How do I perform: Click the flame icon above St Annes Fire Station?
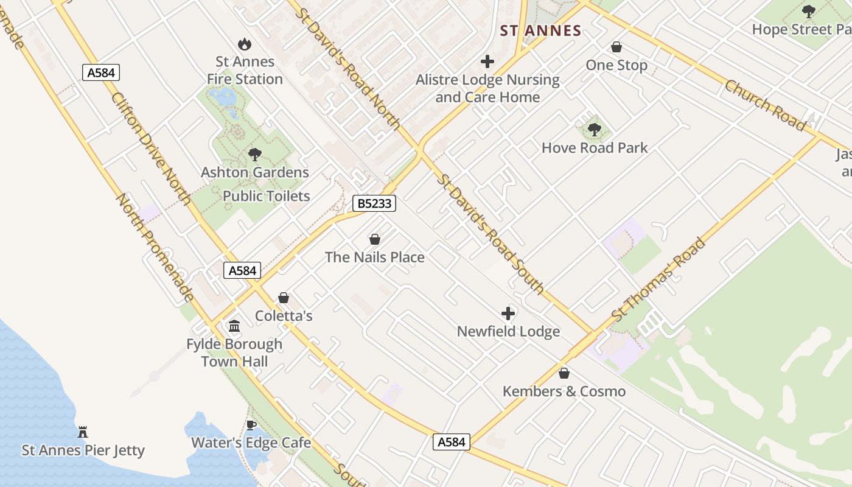pos(245,44)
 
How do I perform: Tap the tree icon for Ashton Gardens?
pos(255,155)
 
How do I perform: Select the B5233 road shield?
pos(374,203)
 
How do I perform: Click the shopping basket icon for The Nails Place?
pos(375,239)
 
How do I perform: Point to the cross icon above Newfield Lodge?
pos(508,314)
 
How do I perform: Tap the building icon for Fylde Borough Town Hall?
pos(234,326)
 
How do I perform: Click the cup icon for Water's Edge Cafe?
pos(251,425)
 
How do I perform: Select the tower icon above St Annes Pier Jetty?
pos(83,432)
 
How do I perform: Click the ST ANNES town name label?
pos(540,30)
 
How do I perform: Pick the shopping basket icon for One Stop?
pos(616,47)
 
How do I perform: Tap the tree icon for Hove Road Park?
pos(595,130)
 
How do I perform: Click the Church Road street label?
pos(765,105)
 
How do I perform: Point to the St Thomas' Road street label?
pos(658,280)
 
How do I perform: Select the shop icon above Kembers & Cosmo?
pos(564,373)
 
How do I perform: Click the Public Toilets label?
pos(267,196)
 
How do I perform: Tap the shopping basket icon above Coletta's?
pos(284,298)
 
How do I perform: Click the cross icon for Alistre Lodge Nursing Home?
pos(487,61)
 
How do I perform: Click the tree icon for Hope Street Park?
pos(808,11)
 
